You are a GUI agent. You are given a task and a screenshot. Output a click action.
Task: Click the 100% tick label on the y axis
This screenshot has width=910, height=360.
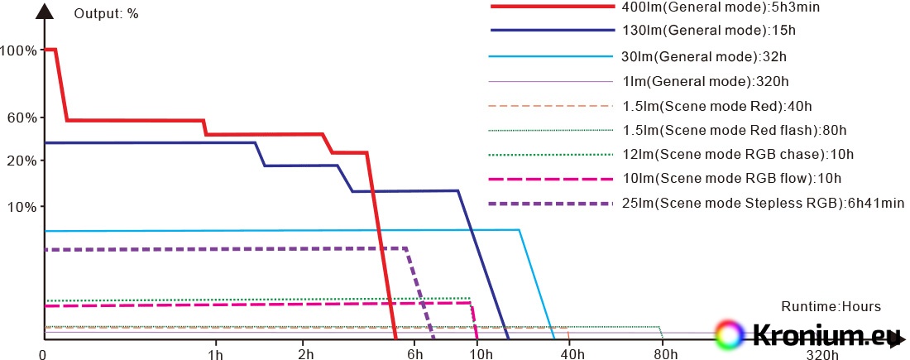click(x=18, y=50)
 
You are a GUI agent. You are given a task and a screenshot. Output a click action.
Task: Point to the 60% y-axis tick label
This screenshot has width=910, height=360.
click(x=22, y=118)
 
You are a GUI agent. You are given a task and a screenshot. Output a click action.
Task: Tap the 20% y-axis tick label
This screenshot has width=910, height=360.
click(x=22, y=161)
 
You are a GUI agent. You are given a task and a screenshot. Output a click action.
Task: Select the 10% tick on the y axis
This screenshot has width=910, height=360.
click(x=22, y=206)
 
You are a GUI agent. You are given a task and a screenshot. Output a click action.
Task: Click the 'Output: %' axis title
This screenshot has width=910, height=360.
click(x=106, y=13)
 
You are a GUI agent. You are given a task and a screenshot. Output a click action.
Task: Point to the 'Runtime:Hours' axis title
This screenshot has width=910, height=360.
click(x=825, y=306)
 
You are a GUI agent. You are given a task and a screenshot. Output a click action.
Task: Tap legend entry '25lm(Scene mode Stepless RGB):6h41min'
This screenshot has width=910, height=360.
click(x=763, y=203)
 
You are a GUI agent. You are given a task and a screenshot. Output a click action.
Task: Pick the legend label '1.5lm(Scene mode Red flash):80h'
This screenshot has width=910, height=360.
click(x=734, y=130)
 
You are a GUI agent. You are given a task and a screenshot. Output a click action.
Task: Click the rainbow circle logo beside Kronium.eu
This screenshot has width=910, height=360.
click(x=730, y=334)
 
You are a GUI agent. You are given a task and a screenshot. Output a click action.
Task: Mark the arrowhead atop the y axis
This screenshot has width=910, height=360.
click(x=43, y=12)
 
